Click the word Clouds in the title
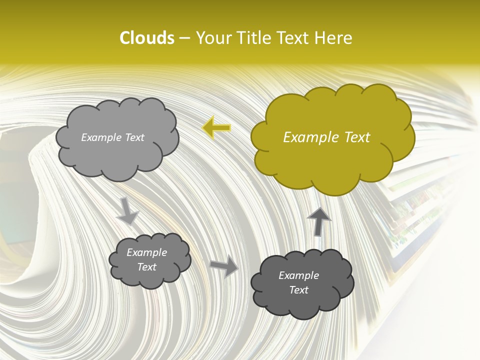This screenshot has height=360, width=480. click(146, 38)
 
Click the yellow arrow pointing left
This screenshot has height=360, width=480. click(216, 128)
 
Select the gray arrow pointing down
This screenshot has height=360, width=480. click(127, 210)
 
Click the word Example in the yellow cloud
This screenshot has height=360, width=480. click(308, 137)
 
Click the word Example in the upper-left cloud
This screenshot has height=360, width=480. click(101, 137)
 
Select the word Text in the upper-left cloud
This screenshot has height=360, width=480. click(134, 137)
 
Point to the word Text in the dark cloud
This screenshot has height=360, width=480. click(298, 290)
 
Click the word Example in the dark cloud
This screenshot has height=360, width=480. click(298, 275)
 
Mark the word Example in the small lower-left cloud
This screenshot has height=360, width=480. click(146, 252)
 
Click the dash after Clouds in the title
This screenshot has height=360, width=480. click(184, 38)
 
